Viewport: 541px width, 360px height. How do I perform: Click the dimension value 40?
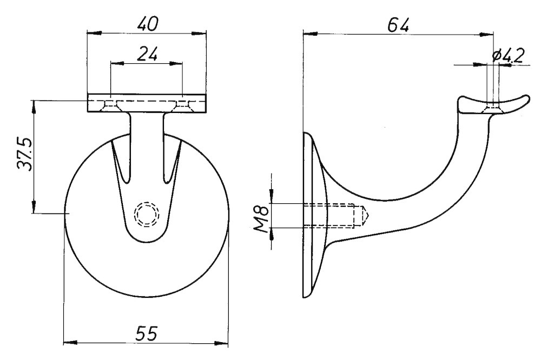[x=147, y=23]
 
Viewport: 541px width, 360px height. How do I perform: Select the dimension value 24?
[x=147, y=54]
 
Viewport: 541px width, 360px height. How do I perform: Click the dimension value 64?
[x=398, y=24]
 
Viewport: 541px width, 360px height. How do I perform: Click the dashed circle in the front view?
[x=147, y=214]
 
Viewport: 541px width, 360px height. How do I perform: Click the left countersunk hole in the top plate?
[x=111, y=105]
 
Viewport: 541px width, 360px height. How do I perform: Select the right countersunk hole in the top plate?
[x=182, y=105]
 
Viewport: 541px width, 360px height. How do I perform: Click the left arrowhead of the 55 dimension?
[x=67, y=342]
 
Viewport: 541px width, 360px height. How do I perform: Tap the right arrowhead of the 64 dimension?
[x=490, y=34]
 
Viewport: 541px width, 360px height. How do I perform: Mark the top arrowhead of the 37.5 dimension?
[x=34, y=104]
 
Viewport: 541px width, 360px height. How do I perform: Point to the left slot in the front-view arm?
[x=121, y=162]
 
